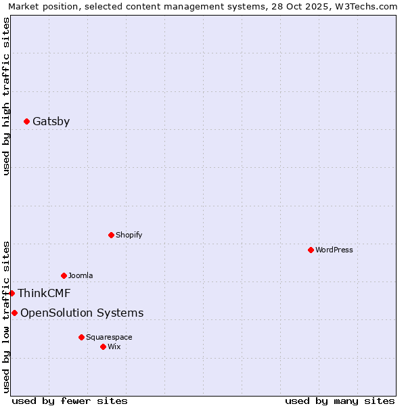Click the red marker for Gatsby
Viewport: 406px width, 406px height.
coord(27,122)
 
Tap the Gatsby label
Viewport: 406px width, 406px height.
coord(51,122)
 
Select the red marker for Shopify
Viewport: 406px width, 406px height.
coord(112,235)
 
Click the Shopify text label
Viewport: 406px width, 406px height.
coord(129,235)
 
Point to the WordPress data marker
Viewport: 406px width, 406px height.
coord(311,250)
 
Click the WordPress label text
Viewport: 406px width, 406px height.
coord(334,250)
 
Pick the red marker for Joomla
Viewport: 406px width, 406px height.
coord(64,275)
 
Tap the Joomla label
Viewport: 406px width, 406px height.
coord(81,275)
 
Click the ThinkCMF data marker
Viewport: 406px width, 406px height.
coord(12,293)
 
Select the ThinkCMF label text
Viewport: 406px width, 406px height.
coord(44,293)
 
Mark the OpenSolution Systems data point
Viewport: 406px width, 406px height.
coord(15,313)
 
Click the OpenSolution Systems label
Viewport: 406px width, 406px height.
coord(82,313)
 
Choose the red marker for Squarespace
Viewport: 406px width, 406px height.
coord(82,337)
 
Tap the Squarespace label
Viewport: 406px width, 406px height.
coord(109,337)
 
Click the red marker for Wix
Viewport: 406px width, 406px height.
coord(104,346)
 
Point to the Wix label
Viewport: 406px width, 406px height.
coord(114,346)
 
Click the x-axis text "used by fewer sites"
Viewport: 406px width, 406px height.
coord(70,401)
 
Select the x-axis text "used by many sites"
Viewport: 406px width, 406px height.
coord(340,401)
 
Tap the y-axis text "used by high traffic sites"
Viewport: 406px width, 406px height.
coord(6,96)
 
